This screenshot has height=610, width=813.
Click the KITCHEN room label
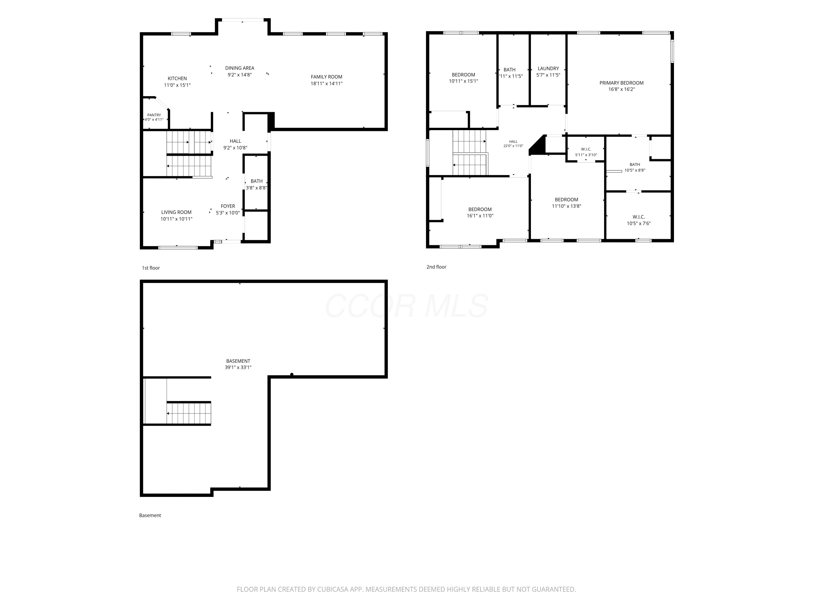pos(177,78)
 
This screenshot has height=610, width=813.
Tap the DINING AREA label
pos(240,68)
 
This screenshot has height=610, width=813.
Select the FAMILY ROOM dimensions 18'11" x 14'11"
pos(326,84)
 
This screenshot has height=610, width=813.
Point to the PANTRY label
pos(154,115)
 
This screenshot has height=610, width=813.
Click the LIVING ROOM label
pos(176,212)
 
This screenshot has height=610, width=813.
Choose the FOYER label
pos(228,206)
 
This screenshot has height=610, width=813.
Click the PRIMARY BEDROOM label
pos(621,83)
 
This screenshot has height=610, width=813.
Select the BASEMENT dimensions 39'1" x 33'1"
pos(238,367)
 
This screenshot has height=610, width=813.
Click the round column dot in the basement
pos(292,375)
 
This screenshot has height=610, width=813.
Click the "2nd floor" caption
pos(436,267)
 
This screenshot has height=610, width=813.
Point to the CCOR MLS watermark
pos(406,306)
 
